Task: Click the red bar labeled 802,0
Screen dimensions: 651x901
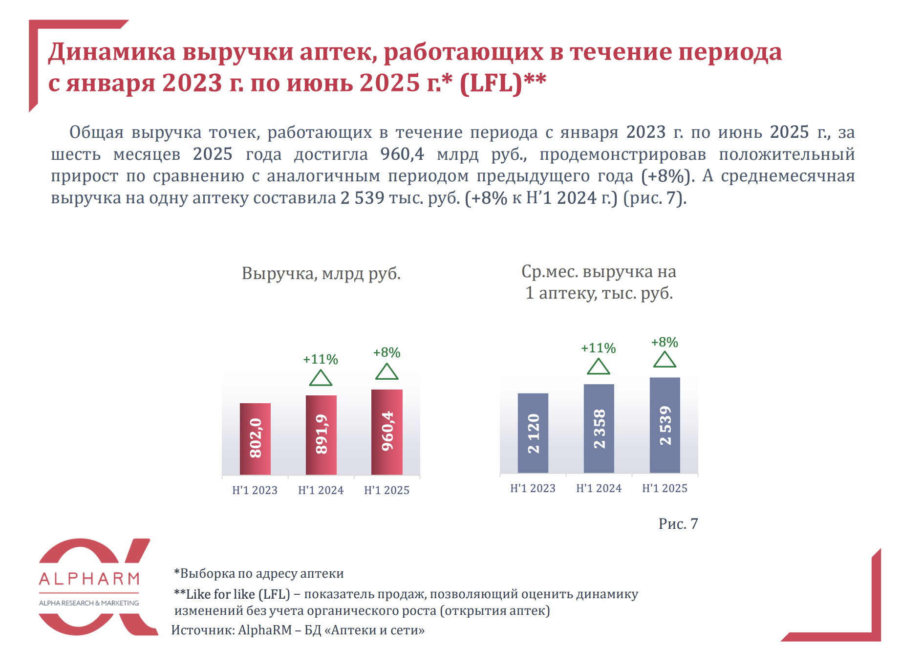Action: click(x=255, y=438)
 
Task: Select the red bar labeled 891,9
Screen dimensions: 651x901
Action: click(x=321, y=434)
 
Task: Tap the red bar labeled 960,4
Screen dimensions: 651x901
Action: click(x=386, y=432)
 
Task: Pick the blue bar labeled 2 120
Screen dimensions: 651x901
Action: click(x=533, y=433)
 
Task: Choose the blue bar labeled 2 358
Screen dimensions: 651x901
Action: click(x=599, y=428)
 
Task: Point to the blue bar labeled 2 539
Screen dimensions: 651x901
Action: click(x=665, y=425)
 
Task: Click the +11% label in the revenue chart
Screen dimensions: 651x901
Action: click(x=321, y=359)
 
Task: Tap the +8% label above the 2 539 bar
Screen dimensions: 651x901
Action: click(x=665, y=342)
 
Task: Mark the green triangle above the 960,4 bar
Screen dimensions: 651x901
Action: click(x=386, y=372)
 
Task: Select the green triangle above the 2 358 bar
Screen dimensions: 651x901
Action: click(x=599, y=367)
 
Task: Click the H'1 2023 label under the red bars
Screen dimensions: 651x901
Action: click(x=255, y=490)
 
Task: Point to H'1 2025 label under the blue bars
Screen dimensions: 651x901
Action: click(x=665, y=488)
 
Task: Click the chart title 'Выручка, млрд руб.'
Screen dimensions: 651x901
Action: click(x=321, y=273)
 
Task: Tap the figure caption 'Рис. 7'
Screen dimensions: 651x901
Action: click(x=678, y=523)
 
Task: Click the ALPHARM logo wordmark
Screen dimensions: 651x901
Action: click(x=89, y=579)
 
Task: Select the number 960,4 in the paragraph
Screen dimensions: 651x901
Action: click(x=402, y=154)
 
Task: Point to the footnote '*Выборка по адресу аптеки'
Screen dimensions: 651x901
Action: click(x=259, y=573)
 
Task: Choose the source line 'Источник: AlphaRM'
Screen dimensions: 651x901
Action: click(x=298, y=630)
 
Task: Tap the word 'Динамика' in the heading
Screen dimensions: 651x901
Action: click(x=111, y=52)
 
